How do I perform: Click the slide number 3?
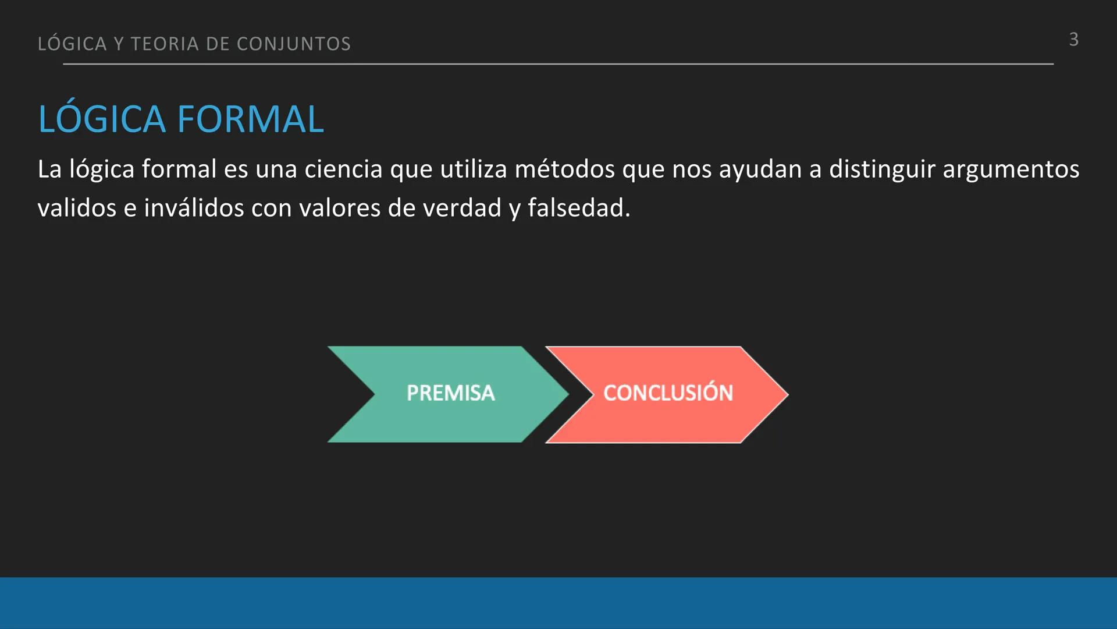click(x=1073, y=40)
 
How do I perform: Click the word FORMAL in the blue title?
click(x=250, y=119)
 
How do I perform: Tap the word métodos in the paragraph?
click(x=564, y=169)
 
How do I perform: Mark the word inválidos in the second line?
click(x=194, y=209)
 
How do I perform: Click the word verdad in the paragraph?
click(x=462, y=209)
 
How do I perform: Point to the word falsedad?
click(x=578, y=209)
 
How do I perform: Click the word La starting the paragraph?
click(x=49, y=169)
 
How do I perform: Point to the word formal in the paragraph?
click(x=179, y=169)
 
